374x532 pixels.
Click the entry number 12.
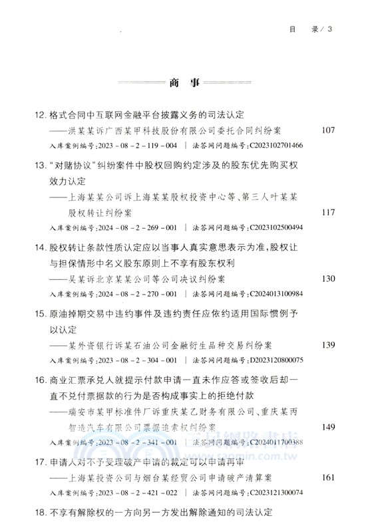40,114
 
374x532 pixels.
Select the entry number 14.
40,247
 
